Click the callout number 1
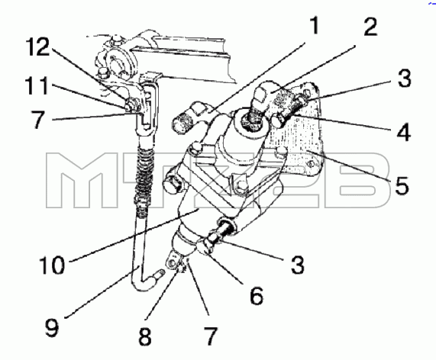[x=315, y=26]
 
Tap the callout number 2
[x=370, y=26]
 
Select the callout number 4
[x=402, y=132]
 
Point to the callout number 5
[x=402, y=185]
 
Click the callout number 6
[x=257, y=296]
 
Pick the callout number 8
[x=145, y=336]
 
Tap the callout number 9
[x=52, y=327]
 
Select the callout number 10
[x=52, y=265]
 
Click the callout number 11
[x=37, y=85]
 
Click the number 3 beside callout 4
[x=404, y=78]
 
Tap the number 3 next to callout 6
[x=298, y=265]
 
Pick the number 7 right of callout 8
[x=211, y=336]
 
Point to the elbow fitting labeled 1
[x=192, y=117]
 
